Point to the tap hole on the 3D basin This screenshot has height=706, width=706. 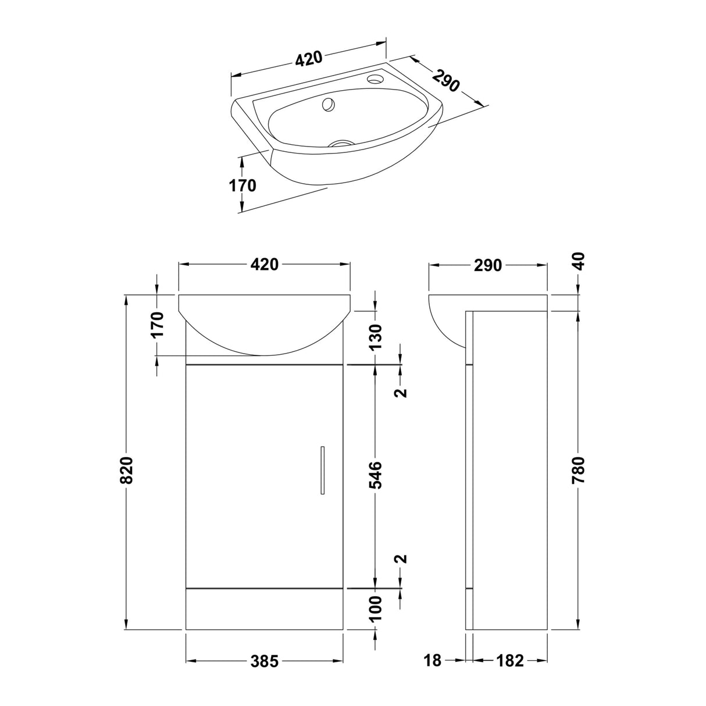[377, 77]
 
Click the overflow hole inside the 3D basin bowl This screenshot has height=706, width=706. [329, 105]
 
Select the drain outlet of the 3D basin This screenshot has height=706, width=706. [341, 142]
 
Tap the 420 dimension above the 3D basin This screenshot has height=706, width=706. [308, 59]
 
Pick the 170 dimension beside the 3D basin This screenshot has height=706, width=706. [242, 186]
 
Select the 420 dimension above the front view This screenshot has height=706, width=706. [265, 265]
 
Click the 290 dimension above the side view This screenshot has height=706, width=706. [487, 265]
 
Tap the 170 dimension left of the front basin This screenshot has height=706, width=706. [158, 325]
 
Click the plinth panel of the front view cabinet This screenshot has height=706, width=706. [265, 609]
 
